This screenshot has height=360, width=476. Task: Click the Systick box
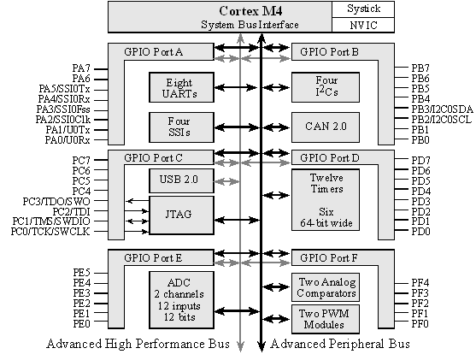point(362,9)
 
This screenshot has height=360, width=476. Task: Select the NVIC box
point(362,25)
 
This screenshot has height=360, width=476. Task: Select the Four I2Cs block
point(324,87)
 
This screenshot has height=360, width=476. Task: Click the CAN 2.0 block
point(324,127)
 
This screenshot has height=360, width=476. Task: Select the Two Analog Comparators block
point(324,287)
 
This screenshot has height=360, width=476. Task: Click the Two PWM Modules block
point(324,319)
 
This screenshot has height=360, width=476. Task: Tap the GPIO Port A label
point(155,53)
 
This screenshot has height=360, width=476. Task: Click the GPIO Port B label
point(330,53)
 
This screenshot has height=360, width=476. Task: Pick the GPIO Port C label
point(155,158)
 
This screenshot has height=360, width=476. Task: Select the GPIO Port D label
point(330,158)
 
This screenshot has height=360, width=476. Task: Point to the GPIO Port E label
point(155,257)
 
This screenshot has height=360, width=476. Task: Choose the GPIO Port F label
point(330,257)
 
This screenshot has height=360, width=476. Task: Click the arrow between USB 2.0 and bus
point(223,180)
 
